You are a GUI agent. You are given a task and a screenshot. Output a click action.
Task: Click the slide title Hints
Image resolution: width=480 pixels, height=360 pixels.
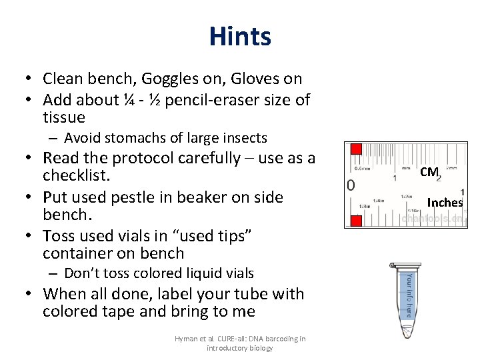[x=239, y=36]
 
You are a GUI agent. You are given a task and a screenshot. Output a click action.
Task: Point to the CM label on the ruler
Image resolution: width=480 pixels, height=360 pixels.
[x=429, y=172]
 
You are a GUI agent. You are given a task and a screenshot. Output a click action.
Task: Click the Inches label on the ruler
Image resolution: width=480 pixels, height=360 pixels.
[x=445, y=202]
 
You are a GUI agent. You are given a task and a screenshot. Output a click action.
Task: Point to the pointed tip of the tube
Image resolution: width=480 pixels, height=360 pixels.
[x=405, y=334]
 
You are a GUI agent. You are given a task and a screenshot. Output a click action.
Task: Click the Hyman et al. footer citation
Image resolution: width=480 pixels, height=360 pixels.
[x=240, y=343]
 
